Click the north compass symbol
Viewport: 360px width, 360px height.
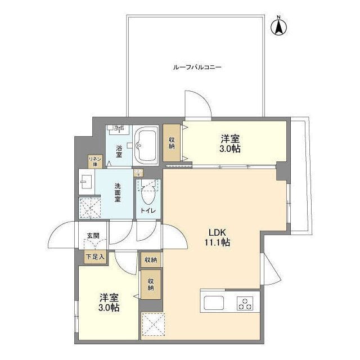[x=279, y=26]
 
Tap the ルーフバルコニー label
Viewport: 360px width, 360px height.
[x=197, y=67]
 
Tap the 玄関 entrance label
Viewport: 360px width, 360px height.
[x=93, y=236]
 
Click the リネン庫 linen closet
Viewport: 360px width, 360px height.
[x=94, y=161]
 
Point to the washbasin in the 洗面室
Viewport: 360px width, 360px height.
[x=86, y=181]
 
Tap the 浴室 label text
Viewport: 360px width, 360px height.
[x=119, y=151]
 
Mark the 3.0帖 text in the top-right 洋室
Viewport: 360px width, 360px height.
[x=230, y=149]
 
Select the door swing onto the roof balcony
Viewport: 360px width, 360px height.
[x=198, y=104]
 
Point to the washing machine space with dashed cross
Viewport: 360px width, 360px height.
[x=89, y=207]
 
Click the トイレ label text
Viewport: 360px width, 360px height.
[x=148, y=211]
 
